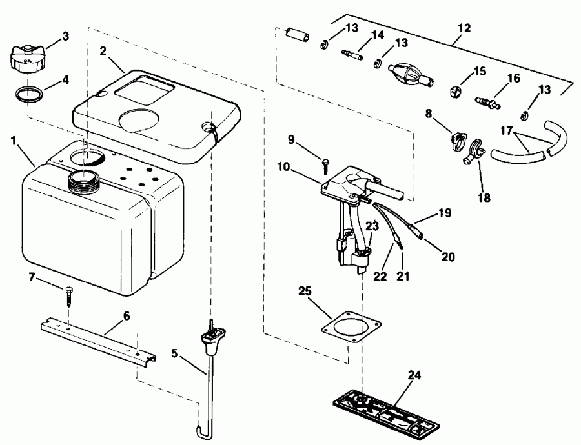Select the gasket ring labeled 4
30,95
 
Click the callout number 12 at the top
464,29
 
